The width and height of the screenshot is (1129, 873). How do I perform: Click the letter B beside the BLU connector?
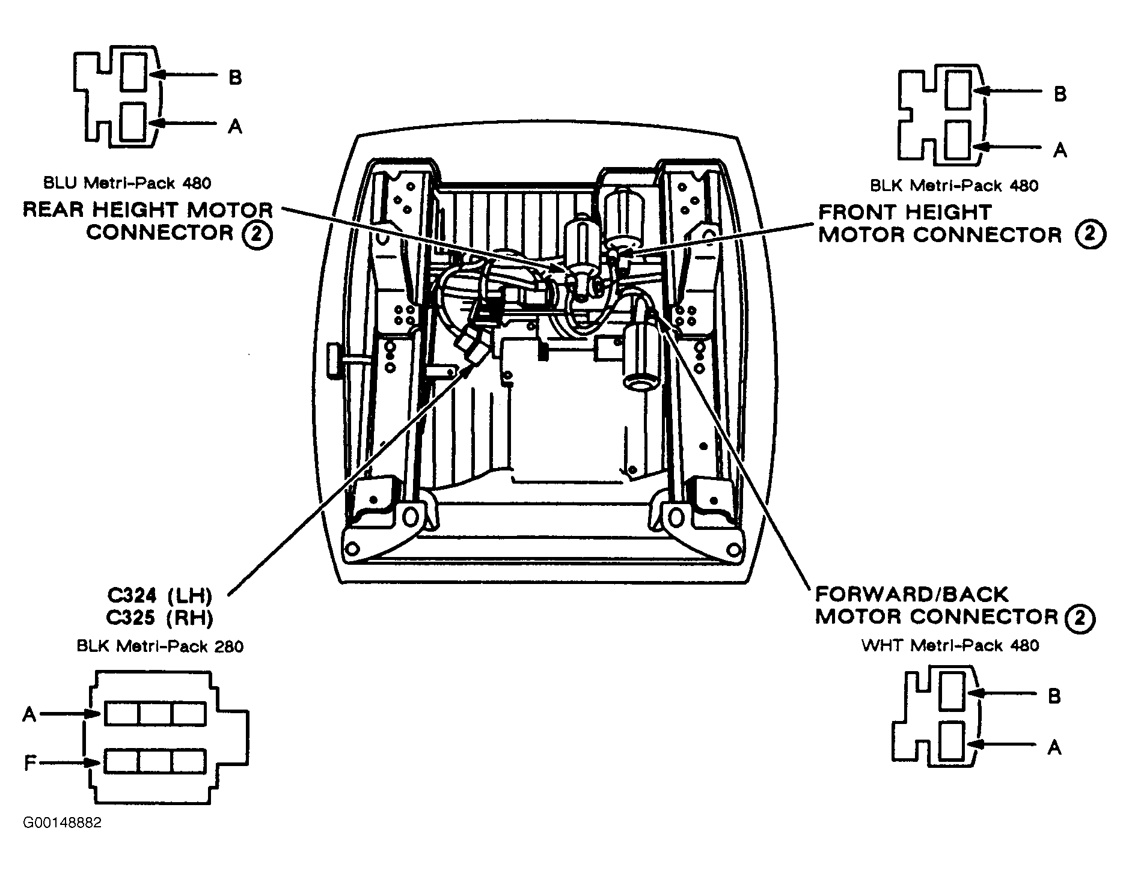[235, 77]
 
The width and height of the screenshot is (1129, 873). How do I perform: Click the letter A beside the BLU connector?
[235, 126]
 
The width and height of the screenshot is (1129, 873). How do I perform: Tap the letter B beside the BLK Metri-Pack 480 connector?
[1060, 94]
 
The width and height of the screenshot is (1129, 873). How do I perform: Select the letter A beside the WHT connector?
[1054, 747]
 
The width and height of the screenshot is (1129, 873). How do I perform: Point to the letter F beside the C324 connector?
[29, 764]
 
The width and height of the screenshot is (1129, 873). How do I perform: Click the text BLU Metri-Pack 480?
[127, 183]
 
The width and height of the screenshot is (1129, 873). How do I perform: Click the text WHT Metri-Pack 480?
[950, 645]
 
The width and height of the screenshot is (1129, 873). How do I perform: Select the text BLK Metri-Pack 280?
[160, 646]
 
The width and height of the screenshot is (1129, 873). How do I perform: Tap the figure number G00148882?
[62, 823]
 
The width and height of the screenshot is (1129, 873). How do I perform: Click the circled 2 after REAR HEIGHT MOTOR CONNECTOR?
[257, 234]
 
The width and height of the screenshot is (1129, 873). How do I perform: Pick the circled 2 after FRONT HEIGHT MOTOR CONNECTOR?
[1090, 234]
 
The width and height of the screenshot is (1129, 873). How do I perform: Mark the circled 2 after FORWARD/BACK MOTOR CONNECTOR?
[1080, 618]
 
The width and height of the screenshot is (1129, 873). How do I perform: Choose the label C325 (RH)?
[159, 618]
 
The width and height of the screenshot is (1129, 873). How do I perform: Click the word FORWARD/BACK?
[911, 595]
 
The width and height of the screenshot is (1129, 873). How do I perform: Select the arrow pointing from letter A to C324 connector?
[71, 714]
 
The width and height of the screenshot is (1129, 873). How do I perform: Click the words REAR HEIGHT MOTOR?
[148, 210]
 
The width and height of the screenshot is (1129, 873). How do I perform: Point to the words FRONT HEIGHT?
[905, 212]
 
